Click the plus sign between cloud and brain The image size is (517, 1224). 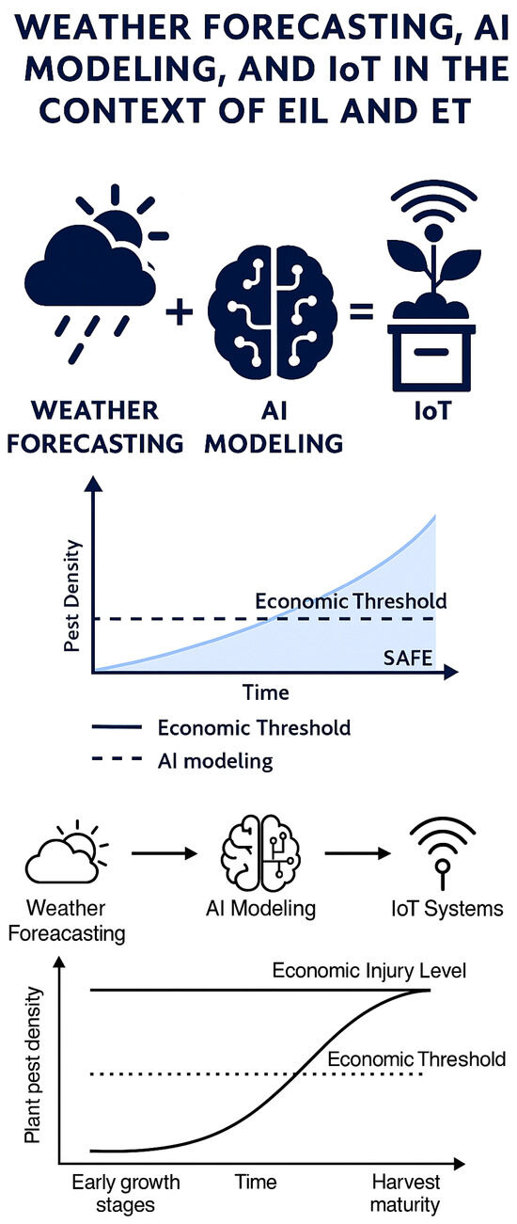179,313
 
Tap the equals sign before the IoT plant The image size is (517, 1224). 361,311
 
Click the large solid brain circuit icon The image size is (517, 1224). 273,312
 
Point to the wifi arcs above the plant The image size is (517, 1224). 434,203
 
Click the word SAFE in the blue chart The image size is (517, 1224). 408,658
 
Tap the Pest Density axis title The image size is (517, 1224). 72,596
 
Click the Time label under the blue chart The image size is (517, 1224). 266,692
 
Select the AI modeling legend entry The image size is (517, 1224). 182,760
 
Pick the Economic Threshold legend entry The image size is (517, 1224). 221,728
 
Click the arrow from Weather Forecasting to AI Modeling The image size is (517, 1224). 164,853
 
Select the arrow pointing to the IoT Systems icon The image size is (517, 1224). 357,853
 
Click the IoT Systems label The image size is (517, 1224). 447,909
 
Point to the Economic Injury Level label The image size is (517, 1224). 369,971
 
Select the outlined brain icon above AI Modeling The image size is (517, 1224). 260,853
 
